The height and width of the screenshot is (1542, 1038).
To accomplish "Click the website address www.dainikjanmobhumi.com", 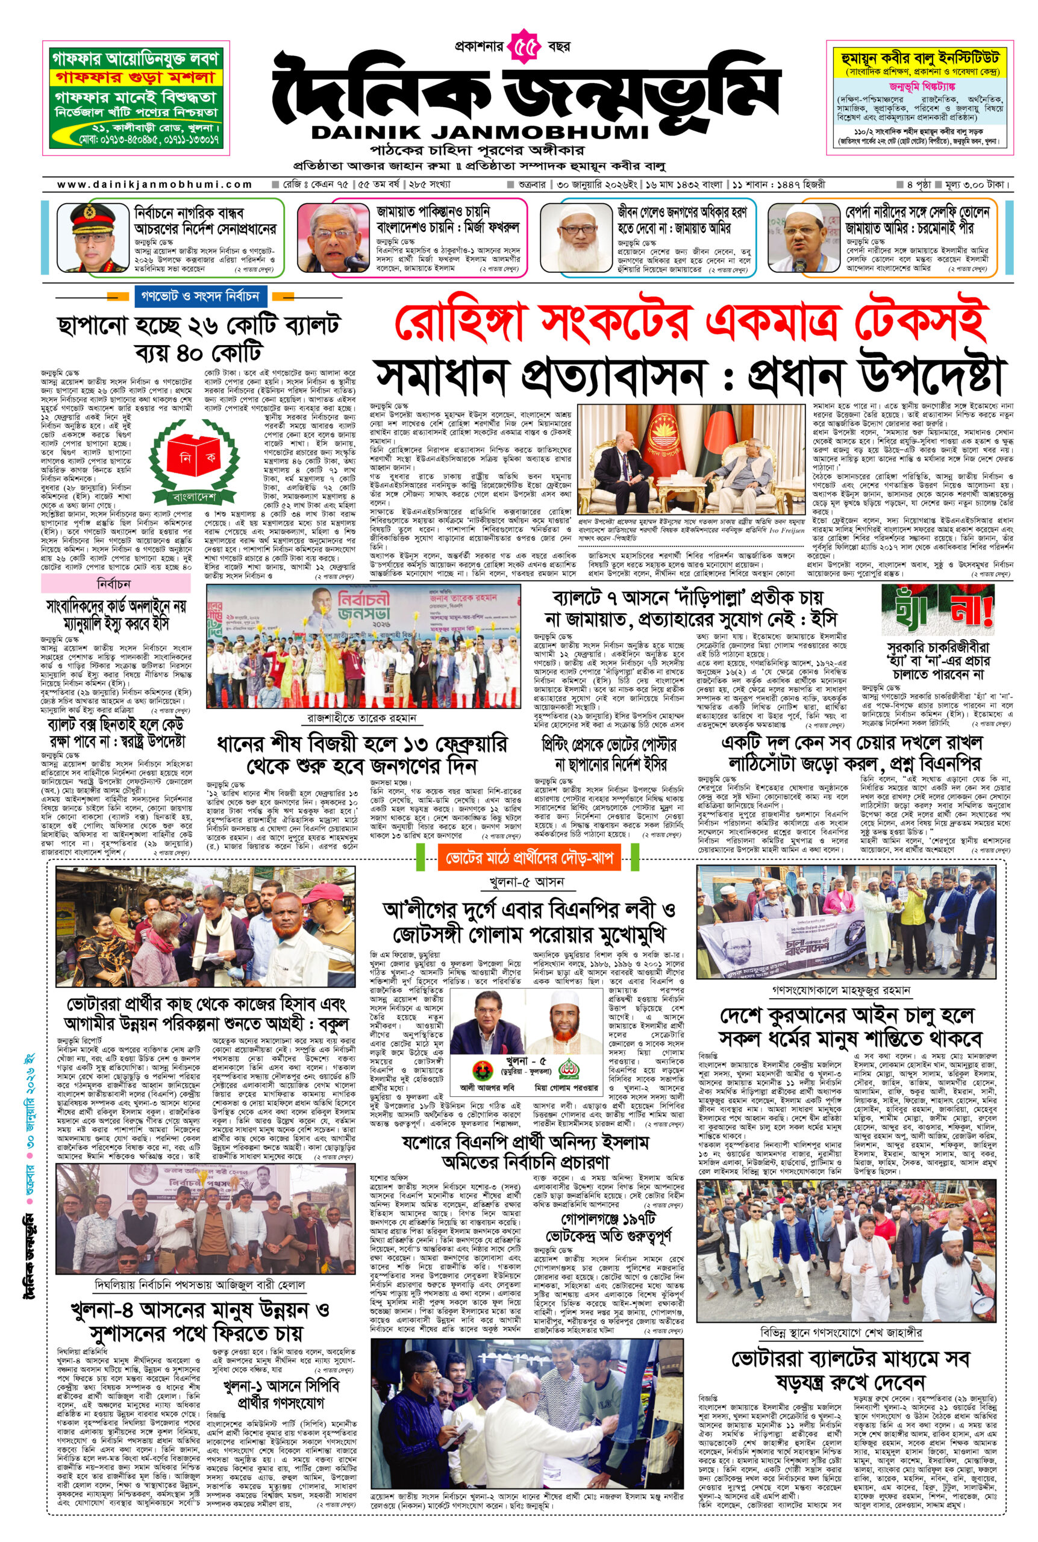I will [x=155, y=185].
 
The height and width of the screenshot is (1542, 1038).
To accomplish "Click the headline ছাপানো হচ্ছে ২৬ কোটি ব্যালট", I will [x=199, y=325].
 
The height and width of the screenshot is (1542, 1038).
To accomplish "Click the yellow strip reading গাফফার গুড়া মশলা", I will [x=137, y=76].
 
